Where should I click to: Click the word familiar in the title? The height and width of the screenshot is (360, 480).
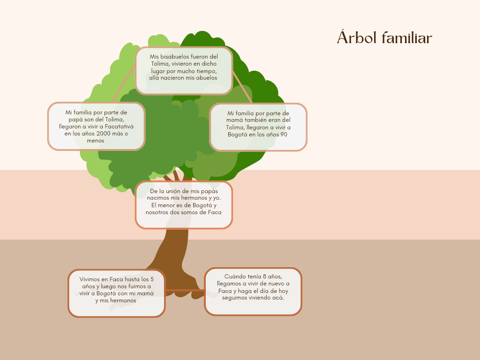coord(407,37)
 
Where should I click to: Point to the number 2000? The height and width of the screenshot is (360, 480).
coord(103,134)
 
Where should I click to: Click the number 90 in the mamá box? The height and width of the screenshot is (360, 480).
coord(284,135)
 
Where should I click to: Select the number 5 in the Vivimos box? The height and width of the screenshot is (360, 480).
coord(152,279)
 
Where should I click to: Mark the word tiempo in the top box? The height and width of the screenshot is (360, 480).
coord(207,71)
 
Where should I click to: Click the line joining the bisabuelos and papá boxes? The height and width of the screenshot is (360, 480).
coord(124,83)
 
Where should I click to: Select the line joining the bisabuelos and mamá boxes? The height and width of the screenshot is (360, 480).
coord(242,87)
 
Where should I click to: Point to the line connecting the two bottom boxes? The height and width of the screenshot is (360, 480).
coord(185,290)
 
